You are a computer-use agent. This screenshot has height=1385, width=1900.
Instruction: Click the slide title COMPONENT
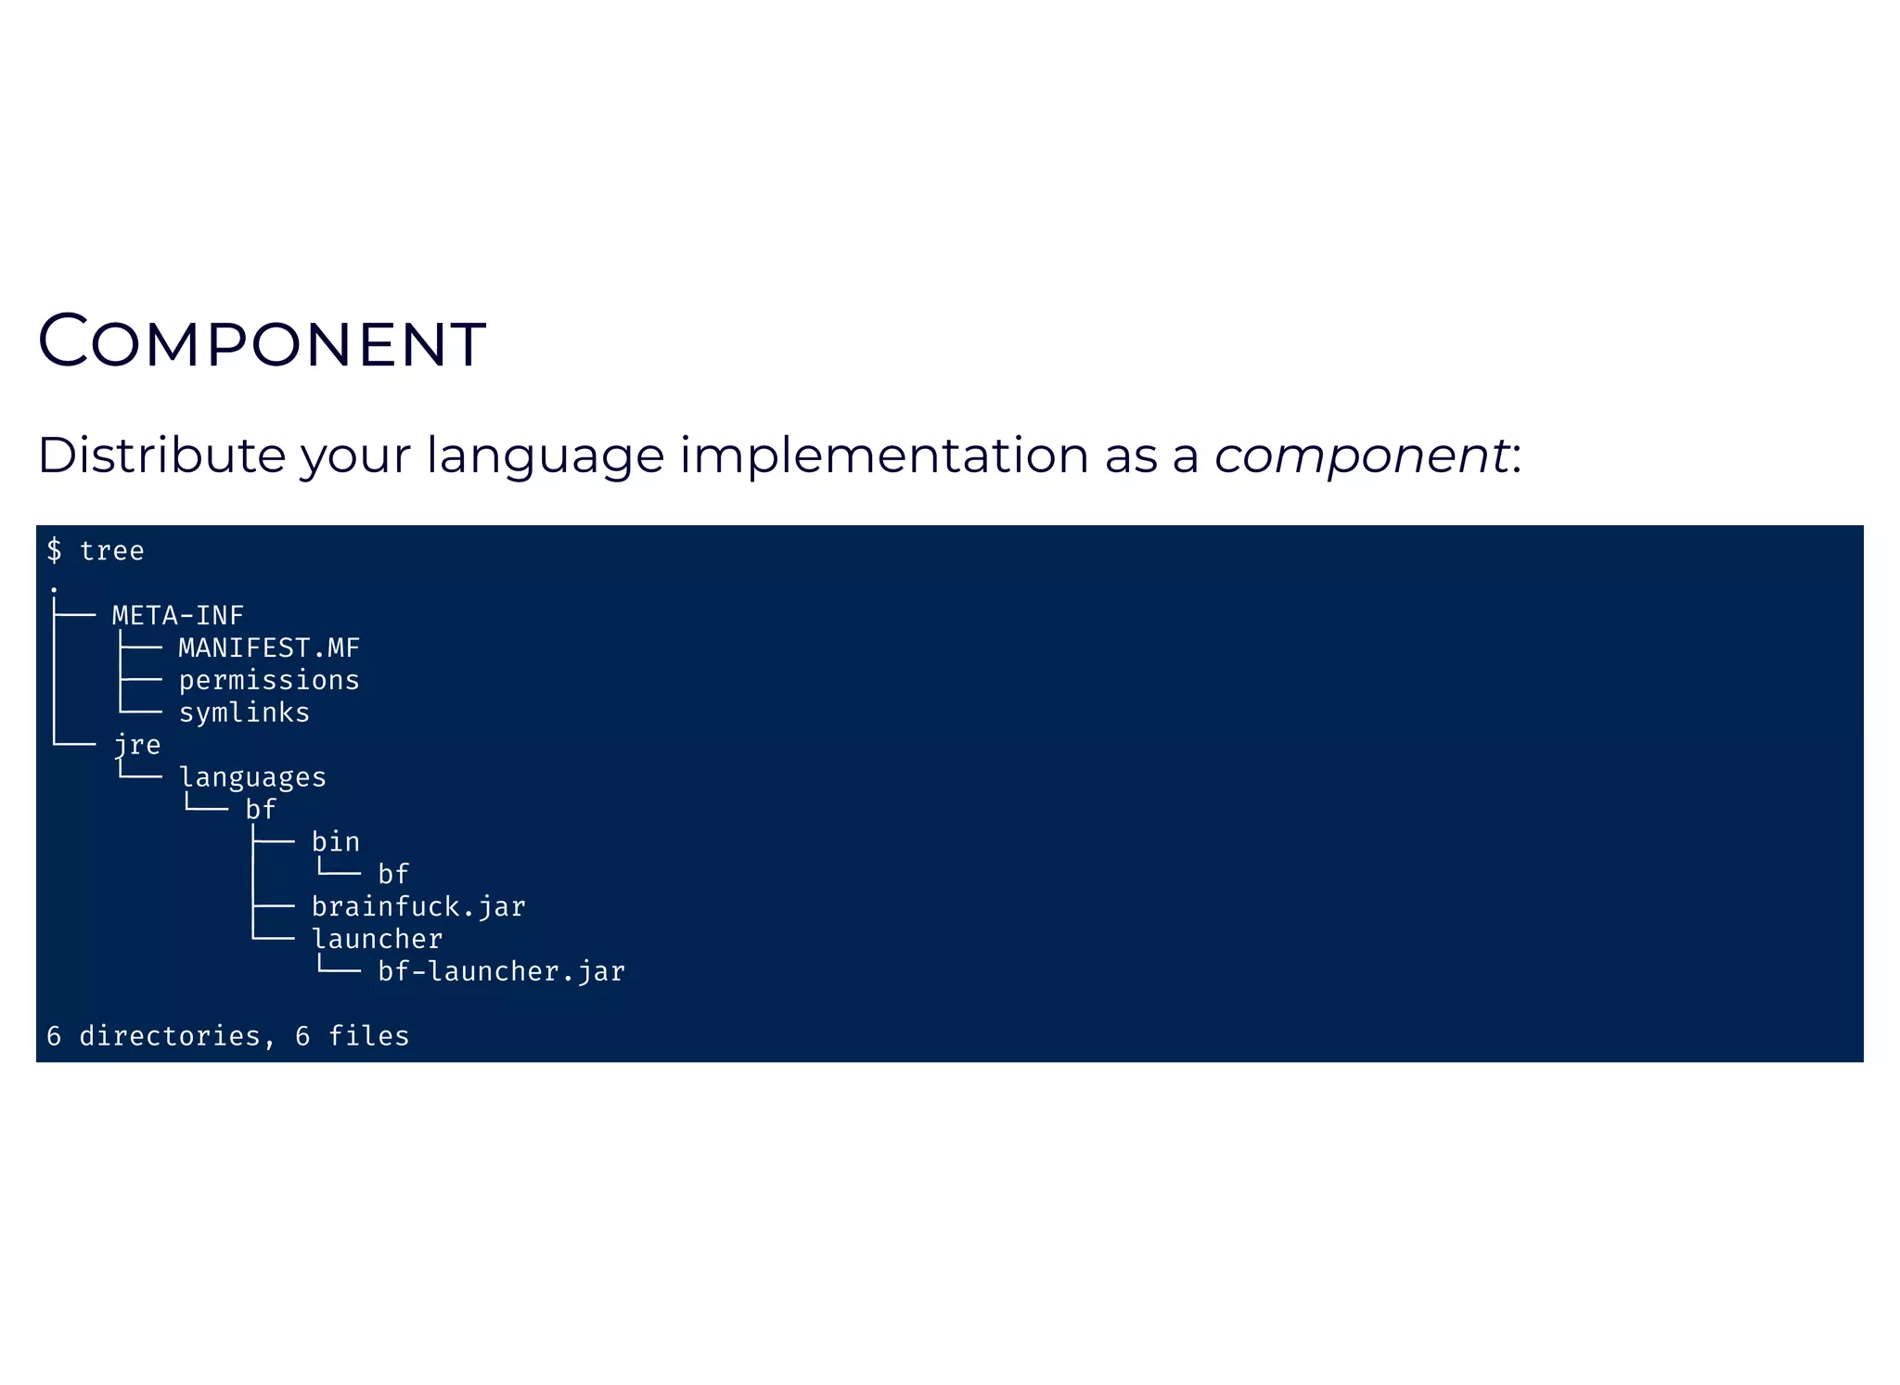(262, 342)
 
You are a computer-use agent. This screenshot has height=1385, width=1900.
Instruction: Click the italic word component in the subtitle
(1361, 456)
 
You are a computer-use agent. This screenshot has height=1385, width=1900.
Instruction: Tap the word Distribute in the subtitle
(161, 455)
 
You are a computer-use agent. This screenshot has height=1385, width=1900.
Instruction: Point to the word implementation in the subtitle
(883, 456)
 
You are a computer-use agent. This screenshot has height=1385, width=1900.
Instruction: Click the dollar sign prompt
(54, 551)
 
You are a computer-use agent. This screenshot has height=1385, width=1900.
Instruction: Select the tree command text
(111, 551)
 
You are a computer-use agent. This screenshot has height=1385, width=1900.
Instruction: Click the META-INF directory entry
(177, 615)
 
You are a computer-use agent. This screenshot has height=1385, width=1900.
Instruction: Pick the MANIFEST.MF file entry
(269, 648)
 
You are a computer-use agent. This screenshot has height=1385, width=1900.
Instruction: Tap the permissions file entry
(269, 680)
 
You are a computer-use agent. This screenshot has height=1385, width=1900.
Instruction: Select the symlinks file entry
(244, 712)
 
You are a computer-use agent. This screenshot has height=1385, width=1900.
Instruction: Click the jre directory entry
(136, 745)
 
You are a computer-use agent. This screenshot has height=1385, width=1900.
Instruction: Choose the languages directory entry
(252, 777)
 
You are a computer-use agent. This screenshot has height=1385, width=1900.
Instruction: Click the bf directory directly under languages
(261, 810)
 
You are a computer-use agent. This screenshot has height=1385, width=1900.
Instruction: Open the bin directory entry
(335, 842)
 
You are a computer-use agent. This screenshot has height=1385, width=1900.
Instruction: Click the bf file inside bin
(393, 874)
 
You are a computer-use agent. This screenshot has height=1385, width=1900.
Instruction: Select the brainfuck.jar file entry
(418, 906)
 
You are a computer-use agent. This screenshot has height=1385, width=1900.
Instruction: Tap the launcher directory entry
(377, 939)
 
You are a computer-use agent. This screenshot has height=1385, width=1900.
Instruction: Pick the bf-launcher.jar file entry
(501, 971)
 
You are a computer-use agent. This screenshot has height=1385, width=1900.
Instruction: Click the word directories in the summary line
(170, 1036)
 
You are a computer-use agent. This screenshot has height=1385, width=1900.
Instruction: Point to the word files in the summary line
(368, 1036)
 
